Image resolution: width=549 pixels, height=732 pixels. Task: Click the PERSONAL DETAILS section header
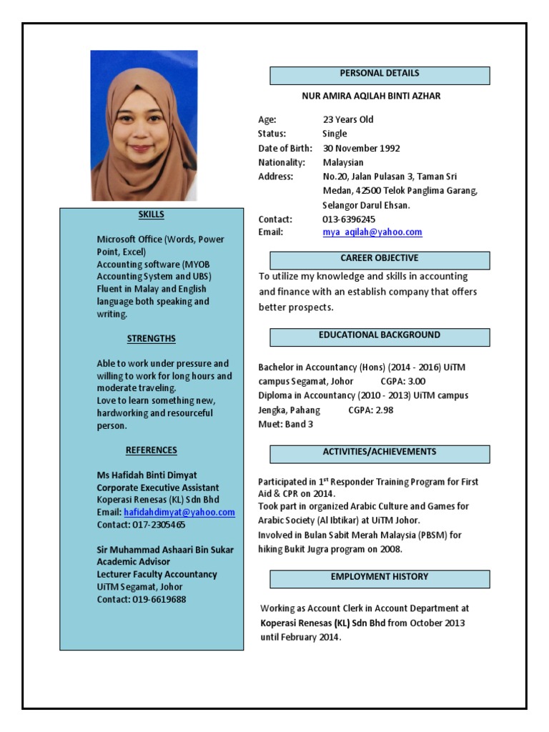380,74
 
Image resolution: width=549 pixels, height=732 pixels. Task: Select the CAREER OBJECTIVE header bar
380,259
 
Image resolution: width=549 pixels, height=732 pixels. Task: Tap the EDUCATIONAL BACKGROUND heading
380,336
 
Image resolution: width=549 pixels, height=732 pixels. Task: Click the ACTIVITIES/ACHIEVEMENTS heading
380,452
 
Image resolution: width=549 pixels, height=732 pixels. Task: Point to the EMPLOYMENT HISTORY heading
380,578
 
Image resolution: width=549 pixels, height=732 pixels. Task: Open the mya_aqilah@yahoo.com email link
372,232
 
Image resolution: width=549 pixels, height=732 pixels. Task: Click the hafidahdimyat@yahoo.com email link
179,513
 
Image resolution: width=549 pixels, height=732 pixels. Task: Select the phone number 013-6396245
349,219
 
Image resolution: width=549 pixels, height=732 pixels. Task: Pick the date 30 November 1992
361,149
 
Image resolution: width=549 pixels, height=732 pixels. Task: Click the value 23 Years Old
348,119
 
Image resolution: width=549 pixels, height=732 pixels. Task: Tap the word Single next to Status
335,134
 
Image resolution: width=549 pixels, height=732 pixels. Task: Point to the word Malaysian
343,162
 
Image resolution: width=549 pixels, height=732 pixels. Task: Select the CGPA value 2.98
381,410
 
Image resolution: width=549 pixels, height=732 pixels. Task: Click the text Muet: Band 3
285,424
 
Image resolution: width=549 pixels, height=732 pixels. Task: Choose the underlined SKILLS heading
152,214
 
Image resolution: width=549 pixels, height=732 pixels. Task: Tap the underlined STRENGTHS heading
152,339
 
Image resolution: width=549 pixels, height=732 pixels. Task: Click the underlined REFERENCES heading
152,450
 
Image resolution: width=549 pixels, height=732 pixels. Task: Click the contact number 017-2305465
159,525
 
